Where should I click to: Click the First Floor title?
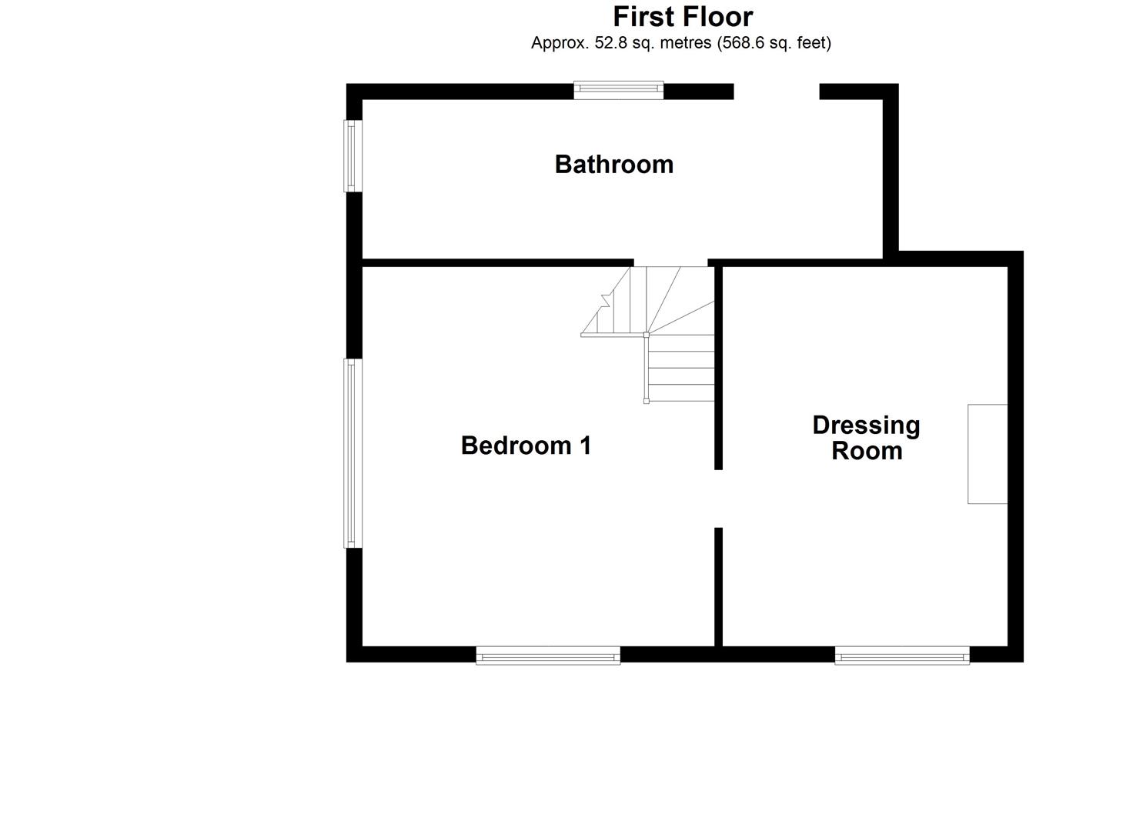click(683, 16)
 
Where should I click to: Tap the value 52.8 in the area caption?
click(610, 43)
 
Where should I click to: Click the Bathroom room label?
click(613, 164)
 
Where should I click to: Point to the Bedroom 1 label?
click(526, 446)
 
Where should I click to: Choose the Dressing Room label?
click(866, 438)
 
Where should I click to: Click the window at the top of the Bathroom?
click(618, 90)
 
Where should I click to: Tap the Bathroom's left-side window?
click(352, 155)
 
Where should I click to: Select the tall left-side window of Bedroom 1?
click(353, 453)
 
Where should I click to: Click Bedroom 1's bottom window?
click(548, 656)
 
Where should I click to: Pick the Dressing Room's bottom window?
click(902, 656)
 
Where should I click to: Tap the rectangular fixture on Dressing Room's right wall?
click(988, 454)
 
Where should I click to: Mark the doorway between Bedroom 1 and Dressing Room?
click(718, 498)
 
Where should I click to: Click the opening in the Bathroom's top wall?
click(776, 92)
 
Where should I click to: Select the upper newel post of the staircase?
click(646, 335)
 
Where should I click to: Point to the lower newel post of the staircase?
click(646, 401)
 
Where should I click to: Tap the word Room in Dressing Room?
click(867, 451)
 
